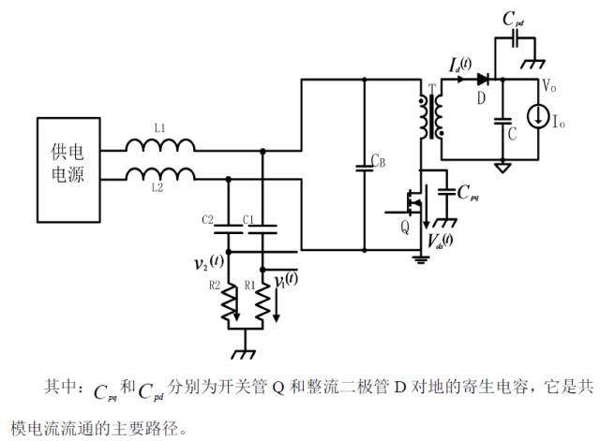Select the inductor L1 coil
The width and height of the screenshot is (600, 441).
click(161, 144)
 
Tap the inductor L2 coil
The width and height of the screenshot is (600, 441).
click(161, 173)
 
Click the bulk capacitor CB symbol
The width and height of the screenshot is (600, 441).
click(364, 169)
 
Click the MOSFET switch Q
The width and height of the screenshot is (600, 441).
click(411, 200)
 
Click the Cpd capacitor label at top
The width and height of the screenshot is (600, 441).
click(514, 18)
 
